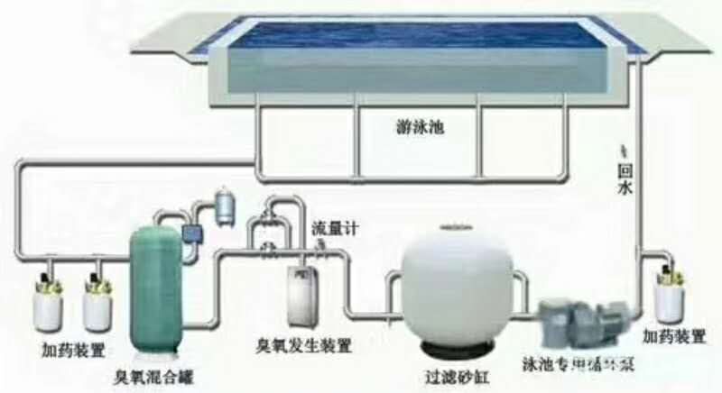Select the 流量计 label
tap(335, 229)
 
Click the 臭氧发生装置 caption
tap(303, 344)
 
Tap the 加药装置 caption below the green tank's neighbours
tap(71, 349)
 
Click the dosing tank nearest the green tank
tap(97, 303)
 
